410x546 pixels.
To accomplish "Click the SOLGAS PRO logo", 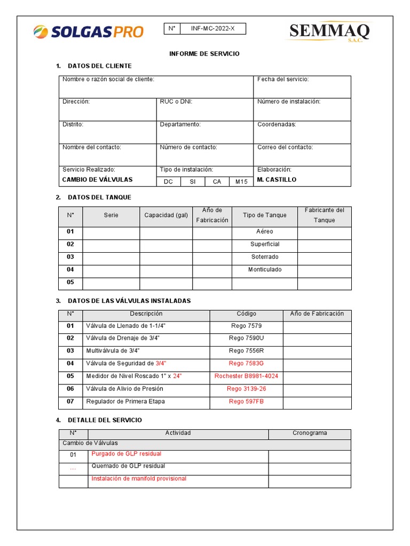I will click(x=89, y=31).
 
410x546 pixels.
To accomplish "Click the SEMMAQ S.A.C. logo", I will click(x=329, y=33).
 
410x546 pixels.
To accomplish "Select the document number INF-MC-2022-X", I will click(x=212, y=29).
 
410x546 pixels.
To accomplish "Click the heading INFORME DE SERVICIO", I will click(x=204, y=54).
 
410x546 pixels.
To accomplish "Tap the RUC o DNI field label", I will click(x=176, y=101).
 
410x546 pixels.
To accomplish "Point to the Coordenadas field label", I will click(x=277, y=124).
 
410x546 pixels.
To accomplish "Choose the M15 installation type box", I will click(x=241, y=181).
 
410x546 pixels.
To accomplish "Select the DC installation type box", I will click(x=169, y=181).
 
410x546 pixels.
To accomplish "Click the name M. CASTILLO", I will click(x=277, y=180).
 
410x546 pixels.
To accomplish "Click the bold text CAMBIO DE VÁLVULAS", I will click(x=97, y=180).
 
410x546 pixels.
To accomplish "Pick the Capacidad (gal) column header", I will click(x=166, y=215).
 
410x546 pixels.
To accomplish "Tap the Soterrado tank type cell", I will click(x=265, y=256).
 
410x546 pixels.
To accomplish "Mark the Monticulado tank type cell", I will click(x=265, y=269).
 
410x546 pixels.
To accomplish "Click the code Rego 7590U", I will click(x=246, y=338).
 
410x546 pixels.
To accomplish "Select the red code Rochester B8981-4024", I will click(x=246, y=376).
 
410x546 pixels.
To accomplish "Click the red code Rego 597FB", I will click(x=246, y=402).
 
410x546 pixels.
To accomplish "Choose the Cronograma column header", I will click(x=310, y=433).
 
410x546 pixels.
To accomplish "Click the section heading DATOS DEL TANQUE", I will click(x=99, y=197).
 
